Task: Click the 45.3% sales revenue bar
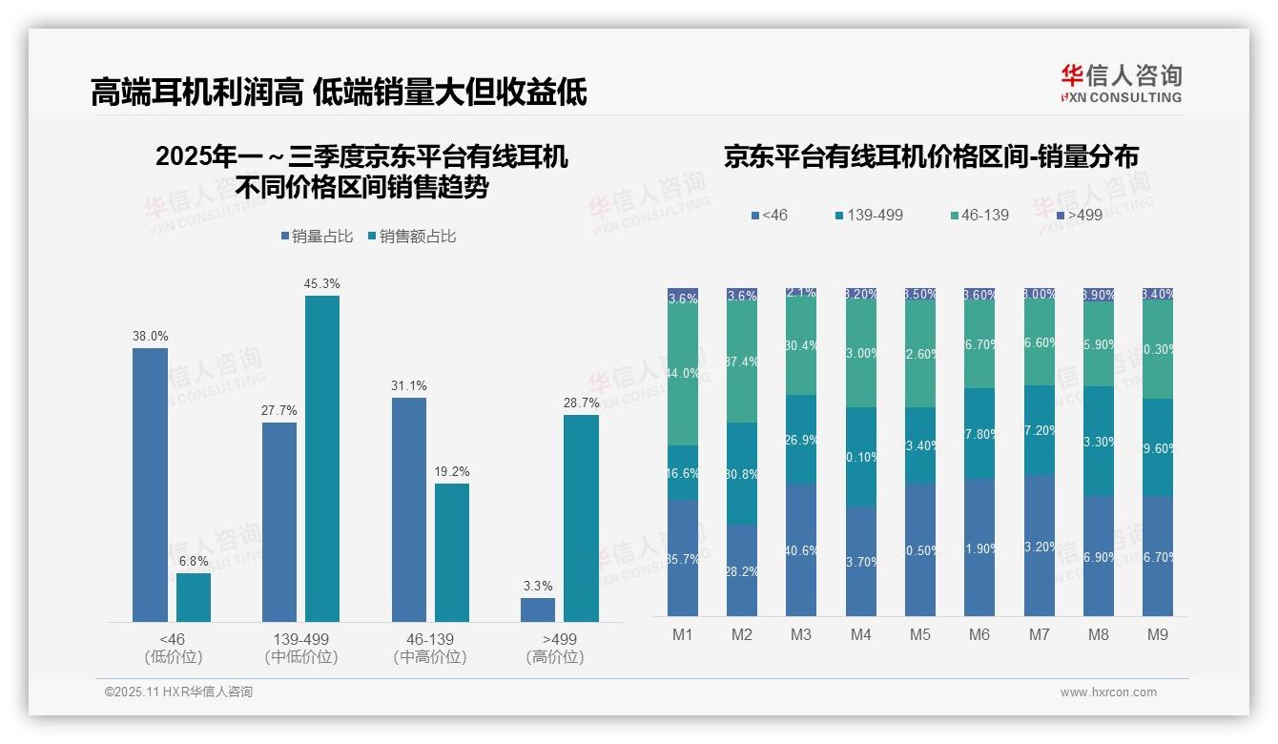[x=322, y=458]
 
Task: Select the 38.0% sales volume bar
[x=150, y=485]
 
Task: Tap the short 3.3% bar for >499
[x=538, y=610]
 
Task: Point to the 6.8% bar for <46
[x=194, y=597]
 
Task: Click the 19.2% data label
[x=452, y=471]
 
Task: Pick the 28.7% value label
[x=582, y=403]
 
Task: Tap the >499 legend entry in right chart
[x=1078, y=215]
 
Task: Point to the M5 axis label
[x=919, y=634]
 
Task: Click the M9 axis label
[x=1157, y=634]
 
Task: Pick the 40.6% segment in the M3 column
[x=801, y=549]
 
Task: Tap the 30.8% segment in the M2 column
[x=742, y=473]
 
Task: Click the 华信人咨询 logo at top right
[x=1120, y=83]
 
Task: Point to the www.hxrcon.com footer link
[x=1108, y=692]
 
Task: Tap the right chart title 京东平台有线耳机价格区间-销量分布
[x=931, y=156]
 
